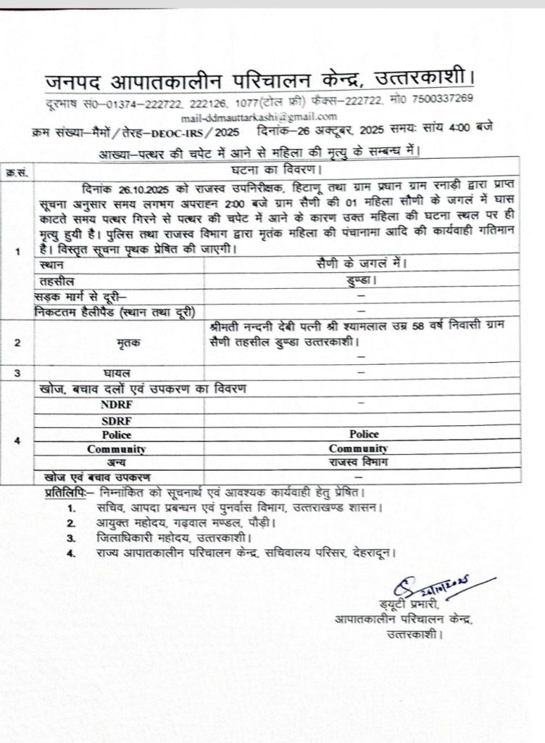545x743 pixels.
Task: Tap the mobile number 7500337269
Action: [443, 99]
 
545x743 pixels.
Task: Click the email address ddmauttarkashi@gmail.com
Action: [259, 116]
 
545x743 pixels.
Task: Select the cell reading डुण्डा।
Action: [362, 279]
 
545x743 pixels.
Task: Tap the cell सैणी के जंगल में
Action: [362, 266]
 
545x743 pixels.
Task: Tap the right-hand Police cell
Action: [363, 434]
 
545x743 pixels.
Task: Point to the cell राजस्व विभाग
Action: [362, 461]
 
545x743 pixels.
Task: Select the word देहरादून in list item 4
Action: [374, 553]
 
